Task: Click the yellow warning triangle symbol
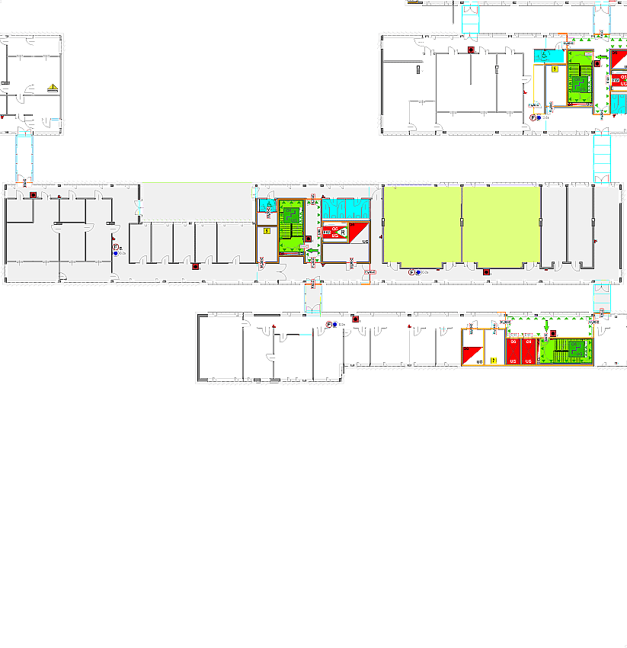(x=53, y=88)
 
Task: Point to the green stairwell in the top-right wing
(x=580, y=78)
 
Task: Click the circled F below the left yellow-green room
(x=411, y=272)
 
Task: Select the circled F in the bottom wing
(x=329, y=325)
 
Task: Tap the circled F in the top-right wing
(x=533, y=117)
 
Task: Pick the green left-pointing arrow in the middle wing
(x=311, y=249)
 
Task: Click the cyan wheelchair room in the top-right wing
(x=547, y=57)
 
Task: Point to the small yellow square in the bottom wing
(x=494, y=359)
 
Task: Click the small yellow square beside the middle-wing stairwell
(x=267, y=229)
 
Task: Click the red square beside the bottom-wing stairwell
(x=554, y=333)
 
